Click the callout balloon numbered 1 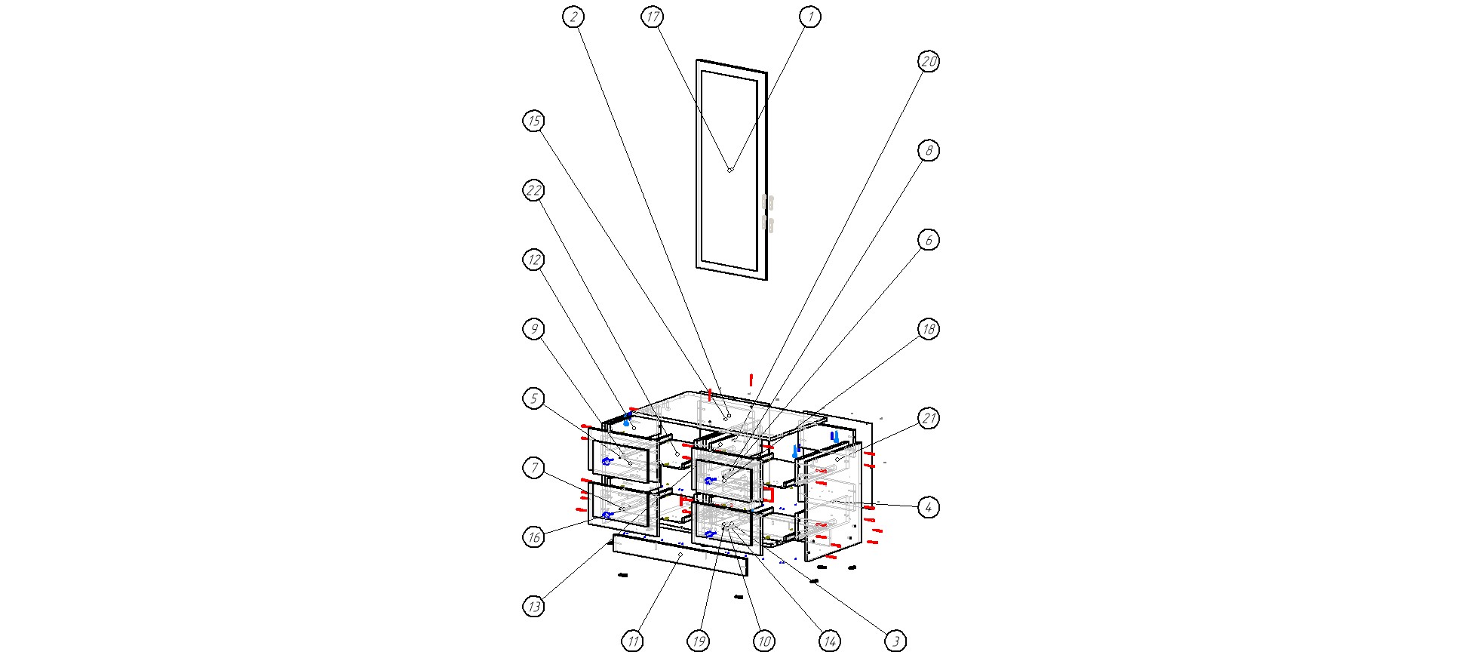pos(809,17)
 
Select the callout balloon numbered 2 pos(573,17)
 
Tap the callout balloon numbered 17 pos(653,17)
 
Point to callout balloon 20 pos(928,62)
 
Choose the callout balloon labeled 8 pos(928,151)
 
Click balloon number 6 pos(928,240)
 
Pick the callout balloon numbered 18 pos(928,329)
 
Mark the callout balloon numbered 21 pos(928,418)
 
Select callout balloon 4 pos(928,507)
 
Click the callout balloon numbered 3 pos(895,641)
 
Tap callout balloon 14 pos(830,641)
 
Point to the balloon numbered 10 pos(763,641)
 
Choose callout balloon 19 pos(698,641)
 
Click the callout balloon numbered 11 pos(632,641)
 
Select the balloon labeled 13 pos(533,606)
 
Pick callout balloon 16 pos(533,537)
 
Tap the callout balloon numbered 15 pos(533,121)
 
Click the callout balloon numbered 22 pos(533,190)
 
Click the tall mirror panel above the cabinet pos(732,170)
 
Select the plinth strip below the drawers pos(680,555)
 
